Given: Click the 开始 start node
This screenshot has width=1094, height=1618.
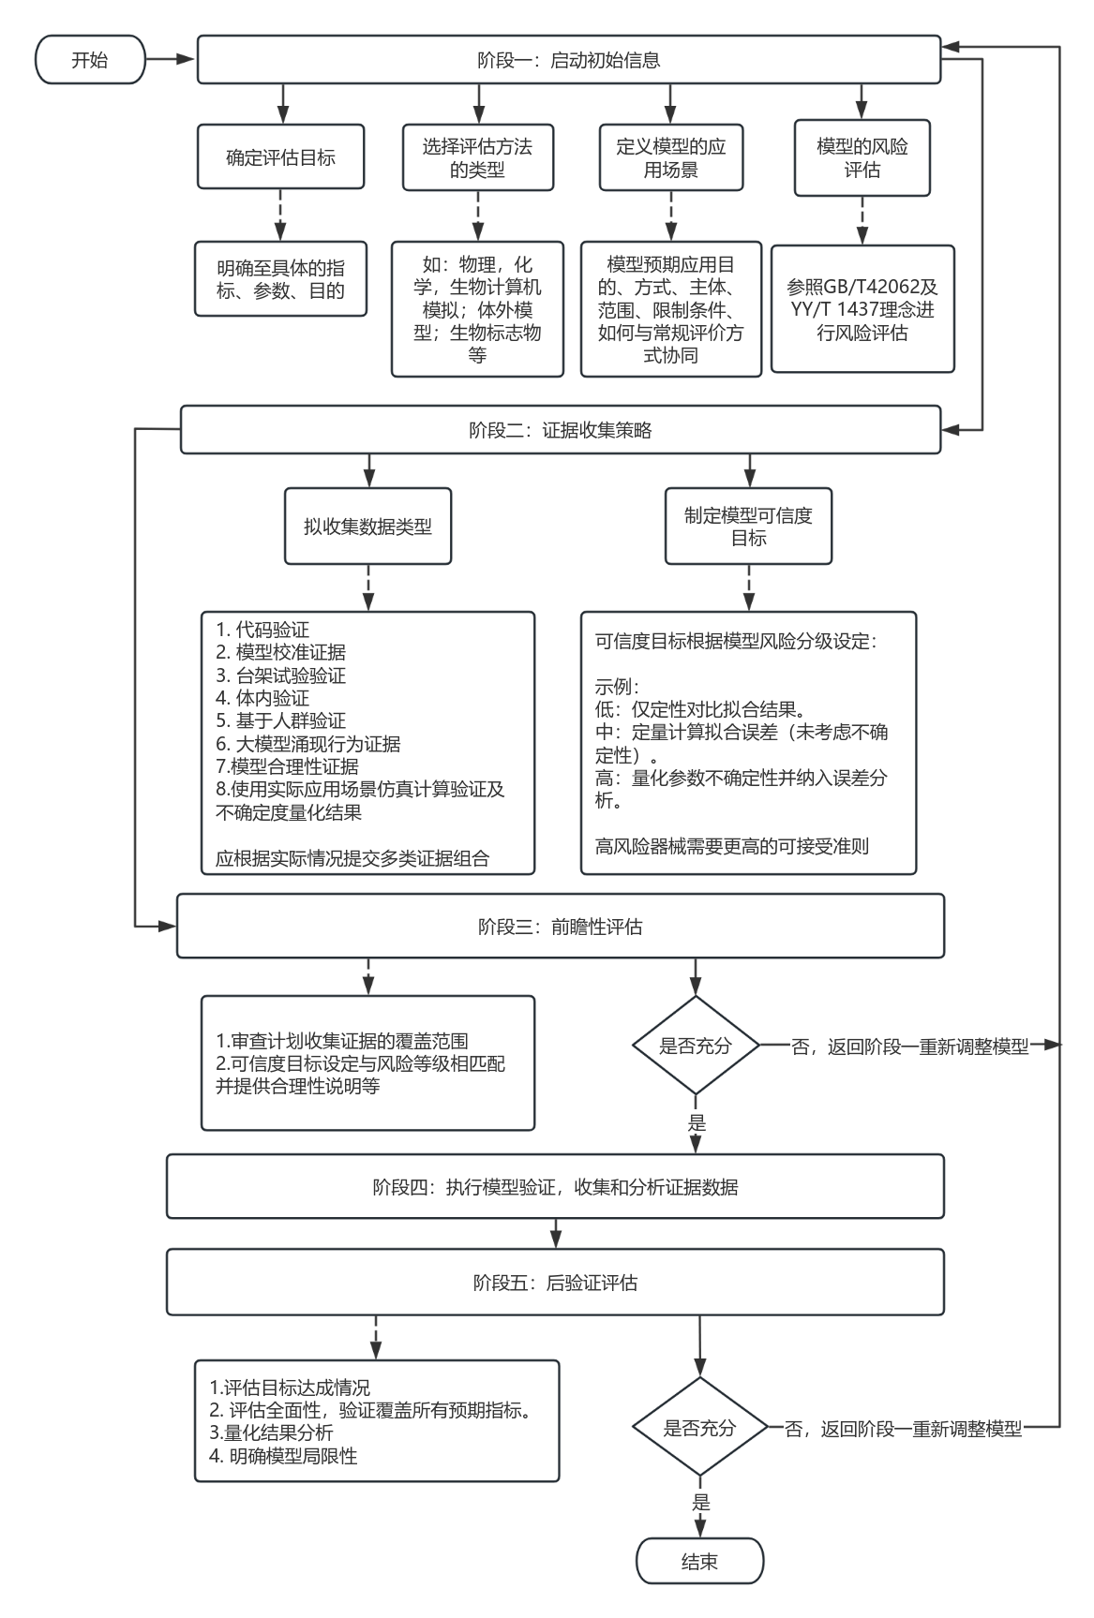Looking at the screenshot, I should point(90,60).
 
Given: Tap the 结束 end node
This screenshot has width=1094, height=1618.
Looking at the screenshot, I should point(700,1562).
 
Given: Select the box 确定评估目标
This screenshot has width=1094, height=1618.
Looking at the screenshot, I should point(280,157).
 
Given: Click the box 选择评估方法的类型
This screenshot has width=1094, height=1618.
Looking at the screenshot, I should point(477,157).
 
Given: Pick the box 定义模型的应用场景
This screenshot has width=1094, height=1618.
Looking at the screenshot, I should point(670,157).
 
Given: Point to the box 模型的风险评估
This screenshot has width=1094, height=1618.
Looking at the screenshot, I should point(862,157).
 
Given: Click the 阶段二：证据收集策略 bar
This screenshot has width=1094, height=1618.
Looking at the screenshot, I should point(560,430).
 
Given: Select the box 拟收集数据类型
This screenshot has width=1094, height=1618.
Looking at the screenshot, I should point(367,526).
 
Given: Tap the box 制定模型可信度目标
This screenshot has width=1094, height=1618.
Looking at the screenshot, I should point(748,526).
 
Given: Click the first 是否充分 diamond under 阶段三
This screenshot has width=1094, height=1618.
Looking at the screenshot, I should point(695,1046).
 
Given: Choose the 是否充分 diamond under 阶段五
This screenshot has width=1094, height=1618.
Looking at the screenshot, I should point(699,1429).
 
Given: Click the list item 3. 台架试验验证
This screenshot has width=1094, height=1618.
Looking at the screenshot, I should point(281,675).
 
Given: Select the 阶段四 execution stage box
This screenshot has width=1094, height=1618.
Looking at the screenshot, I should point(555,1187).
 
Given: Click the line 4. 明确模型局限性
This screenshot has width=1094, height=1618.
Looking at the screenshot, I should point(283,1456).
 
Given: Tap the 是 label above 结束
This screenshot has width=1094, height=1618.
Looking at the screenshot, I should point(700,1503).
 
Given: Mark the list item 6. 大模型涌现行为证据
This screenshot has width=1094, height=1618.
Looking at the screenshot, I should point(308,744).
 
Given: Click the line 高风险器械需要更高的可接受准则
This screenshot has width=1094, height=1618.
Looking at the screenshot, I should point(732,847).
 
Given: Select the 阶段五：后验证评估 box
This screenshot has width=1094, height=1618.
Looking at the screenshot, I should point(555,1283).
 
